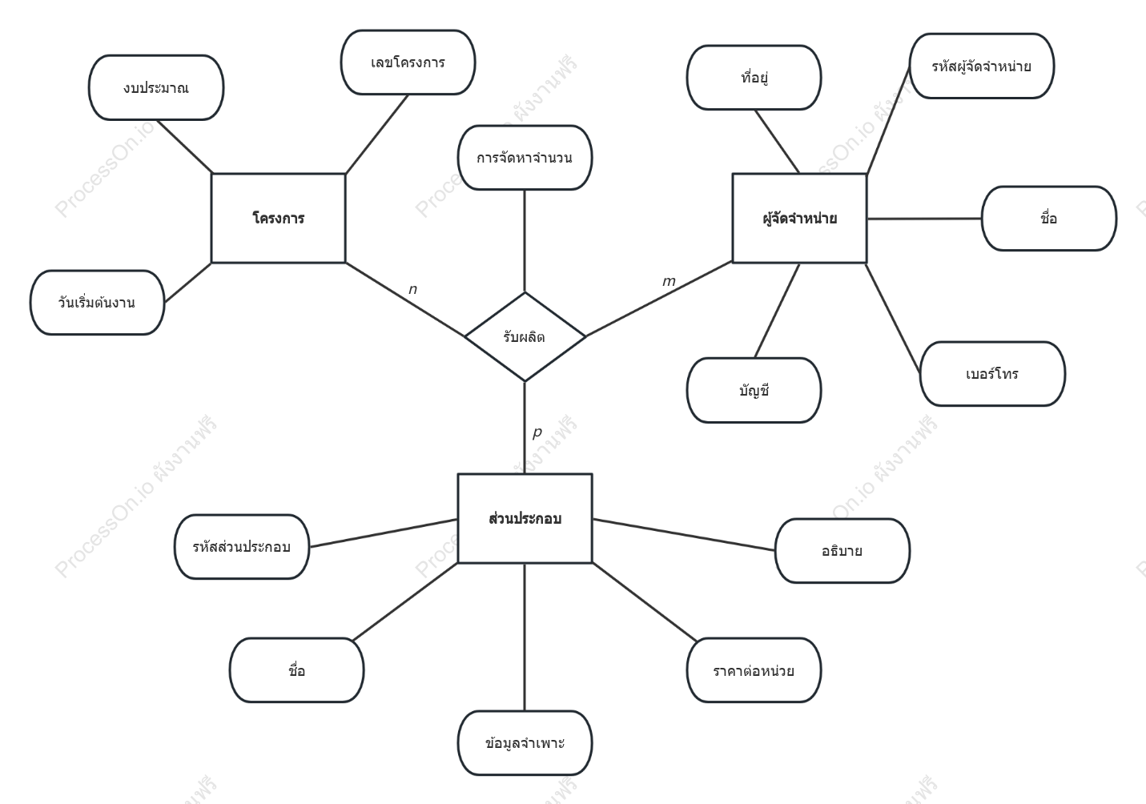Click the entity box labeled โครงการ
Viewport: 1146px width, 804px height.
pyautogui.click(x=279, y=219)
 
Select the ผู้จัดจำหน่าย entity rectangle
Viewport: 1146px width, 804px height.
pyautogui.click(x=800, y=219)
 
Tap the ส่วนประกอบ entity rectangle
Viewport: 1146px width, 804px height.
pyautogui.click(x=525, y=519)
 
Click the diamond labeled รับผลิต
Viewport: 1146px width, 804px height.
pyautogui.click(x=525, y=336)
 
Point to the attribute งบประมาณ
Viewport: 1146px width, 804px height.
pyautogui.click(x=156, y=87)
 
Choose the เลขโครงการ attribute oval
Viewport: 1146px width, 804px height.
pyautogui.click(x=408, y=62)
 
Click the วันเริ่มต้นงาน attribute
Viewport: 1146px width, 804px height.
pyautogui.click(x=97, y=303)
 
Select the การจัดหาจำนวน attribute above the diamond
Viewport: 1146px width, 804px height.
pyautogui.click(x=525, y=158)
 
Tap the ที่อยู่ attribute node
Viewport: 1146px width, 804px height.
pyautogui.click(x=754, y=78)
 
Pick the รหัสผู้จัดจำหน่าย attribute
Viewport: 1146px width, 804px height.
pyautogui.click(x=981, y=66)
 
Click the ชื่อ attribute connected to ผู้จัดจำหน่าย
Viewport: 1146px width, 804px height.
pyautogui.click(x=1049, y=219)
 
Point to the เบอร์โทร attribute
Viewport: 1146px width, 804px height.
pyautogui.click(x=992, y=374)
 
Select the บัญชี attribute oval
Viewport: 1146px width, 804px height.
pyautogui.click(x=754, y=390)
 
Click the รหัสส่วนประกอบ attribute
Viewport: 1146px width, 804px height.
pyautogui.click(x=242, y=547)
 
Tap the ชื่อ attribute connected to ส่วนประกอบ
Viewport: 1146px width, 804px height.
pyautogui.click(x=297, y=670)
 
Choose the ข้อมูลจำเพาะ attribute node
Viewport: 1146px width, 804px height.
pyautogui.click(x=525, y=743)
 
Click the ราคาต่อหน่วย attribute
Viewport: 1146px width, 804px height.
pyautogui.click(x=754, y=670)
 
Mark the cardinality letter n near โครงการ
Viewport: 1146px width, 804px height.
pyautogui.click(x=413, y=289)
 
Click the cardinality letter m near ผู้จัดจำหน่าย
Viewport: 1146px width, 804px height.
pyautogui.click(x=669, y=281)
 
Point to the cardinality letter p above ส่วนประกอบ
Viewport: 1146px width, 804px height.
pyautogui.click(x=537, y=432)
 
